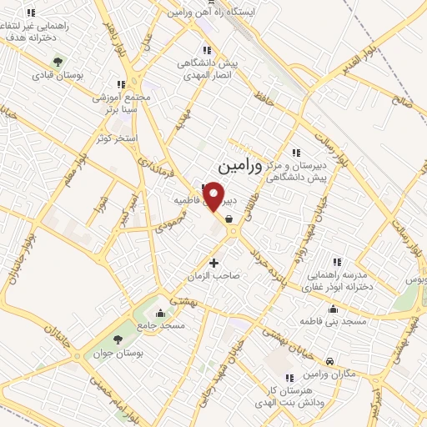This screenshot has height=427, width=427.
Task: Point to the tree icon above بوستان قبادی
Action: coord(58,61)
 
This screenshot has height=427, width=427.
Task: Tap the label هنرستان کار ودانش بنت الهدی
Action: coord(292,395)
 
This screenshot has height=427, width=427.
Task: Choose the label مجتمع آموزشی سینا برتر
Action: coord(120,103)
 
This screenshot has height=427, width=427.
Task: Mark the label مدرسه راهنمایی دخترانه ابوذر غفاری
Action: coord(338,279)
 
